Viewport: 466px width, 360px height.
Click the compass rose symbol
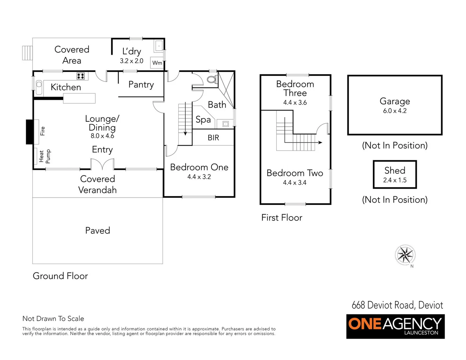coord(405,255)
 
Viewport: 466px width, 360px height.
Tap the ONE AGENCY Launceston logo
coord(395,326)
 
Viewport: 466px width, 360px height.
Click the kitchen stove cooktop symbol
coord(81,76)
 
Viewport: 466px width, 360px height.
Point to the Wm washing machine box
coord(157,63)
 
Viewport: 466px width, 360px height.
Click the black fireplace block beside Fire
coord(30,132)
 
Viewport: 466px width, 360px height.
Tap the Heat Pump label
coord(44,156)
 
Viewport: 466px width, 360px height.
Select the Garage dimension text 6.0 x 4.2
coord(395,111)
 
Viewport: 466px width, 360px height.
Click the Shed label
coord(395,170)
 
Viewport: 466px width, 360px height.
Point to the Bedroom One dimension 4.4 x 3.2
coord(199,177)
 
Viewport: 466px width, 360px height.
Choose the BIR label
coord(213,138)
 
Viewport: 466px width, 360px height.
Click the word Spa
coord(203,120)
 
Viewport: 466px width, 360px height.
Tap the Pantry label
coord(141,85)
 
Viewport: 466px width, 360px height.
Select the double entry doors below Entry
coord(102,164)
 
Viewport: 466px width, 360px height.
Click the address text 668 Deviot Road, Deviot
coord(397,305)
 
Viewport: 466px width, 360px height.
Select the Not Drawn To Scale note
coord(53,319)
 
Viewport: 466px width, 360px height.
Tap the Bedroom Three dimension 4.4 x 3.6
coord(295,103)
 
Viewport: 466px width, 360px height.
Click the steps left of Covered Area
coord(27,53)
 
